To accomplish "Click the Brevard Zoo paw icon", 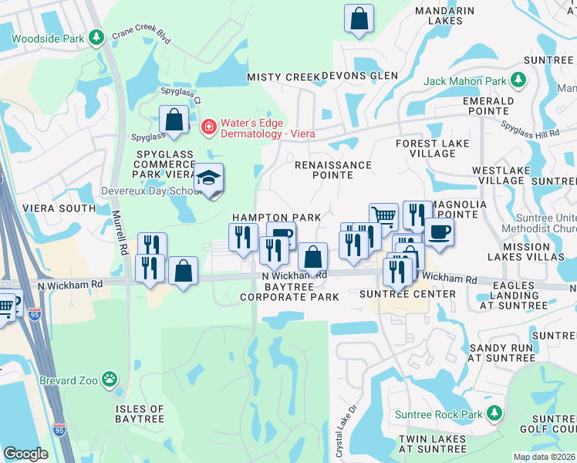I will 111,379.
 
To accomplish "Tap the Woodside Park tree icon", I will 96,36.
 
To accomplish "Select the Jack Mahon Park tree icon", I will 518,80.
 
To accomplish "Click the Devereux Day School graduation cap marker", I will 208,177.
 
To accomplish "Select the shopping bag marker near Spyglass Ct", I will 174,120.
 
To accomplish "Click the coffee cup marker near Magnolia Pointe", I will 439,231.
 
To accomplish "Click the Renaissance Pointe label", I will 333,170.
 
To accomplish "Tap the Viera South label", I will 48,208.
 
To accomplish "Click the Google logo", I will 25,454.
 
